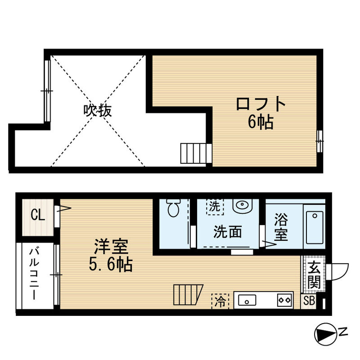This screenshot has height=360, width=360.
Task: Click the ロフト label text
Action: (x=261, y=104)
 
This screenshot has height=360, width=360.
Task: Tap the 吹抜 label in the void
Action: (x=97, y=110)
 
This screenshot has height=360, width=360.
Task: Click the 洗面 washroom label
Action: (x=227, y=232)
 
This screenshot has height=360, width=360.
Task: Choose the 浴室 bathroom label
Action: (x=281, y=227)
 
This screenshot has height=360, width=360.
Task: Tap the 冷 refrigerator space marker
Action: (x=220, y=300)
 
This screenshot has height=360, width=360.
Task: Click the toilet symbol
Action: (x=172, y=207)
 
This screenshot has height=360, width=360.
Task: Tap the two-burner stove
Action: (x=284, y=300)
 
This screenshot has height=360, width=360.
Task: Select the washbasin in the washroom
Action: (x=243, y=206)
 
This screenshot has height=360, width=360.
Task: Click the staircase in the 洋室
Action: (x=188, y=295)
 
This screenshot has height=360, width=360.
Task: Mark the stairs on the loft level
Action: (x=195, y=153)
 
